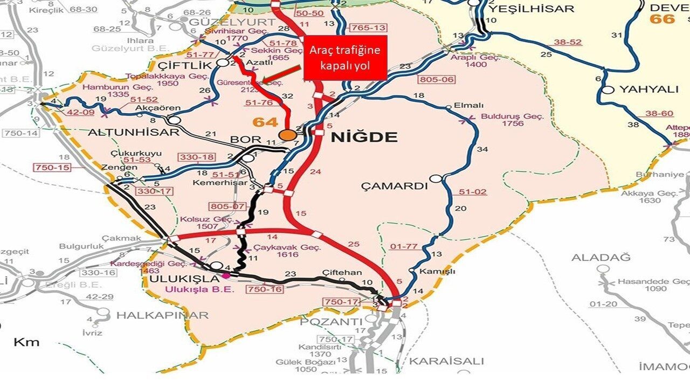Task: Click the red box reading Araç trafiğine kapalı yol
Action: [x=345, y=58]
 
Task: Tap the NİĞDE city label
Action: [x=364, y=137]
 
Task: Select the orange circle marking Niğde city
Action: [x=288, y=135]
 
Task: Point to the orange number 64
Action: [x=266, y=122]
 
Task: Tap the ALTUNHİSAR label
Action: [x=133, y=132]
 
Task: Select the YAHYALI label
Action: [x=648, y=89]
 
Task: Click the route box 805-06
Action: [x=437, y=80]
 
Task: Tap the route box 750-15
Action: [x=52, y=168]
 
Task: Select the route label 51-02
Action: [x=473, y=192]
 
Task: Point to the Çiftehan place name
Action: [x=342, y=273]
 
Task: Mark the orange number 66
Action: [x=662, y=19]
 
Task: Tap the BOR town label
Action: [x=245, y=140]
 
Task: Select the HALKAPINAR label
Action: [x=162, y=315]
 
